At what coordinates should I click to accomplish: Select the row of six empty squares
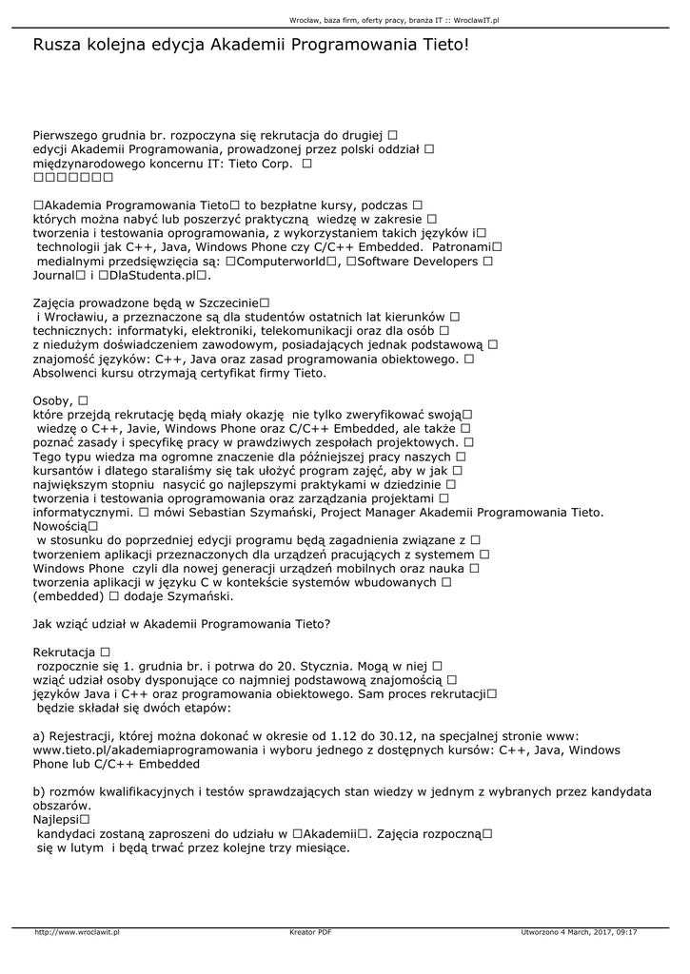click(x=73, y=177)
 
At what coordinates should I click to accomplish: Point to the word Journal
click(x=54, y=275)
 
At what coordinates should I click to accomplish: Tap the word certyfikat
click(x=217, y=373)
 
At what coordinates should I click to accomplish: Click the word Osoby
click(x=52, y=400)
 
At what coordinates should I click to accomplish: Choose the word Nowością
click(x=59, y=526)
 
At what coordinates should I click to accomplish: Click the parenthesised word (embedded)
click(x=68, y=596)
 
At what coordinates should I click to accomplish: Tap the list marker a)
click(x=39, y=735)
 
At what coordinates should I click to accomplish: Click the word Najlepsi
click(x=56, y=819)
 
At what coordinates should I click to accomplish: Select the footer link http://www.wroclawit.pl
click(x=77, y=932)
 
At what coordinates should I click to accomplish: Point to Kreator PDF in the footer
click(x=310, y=932)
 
